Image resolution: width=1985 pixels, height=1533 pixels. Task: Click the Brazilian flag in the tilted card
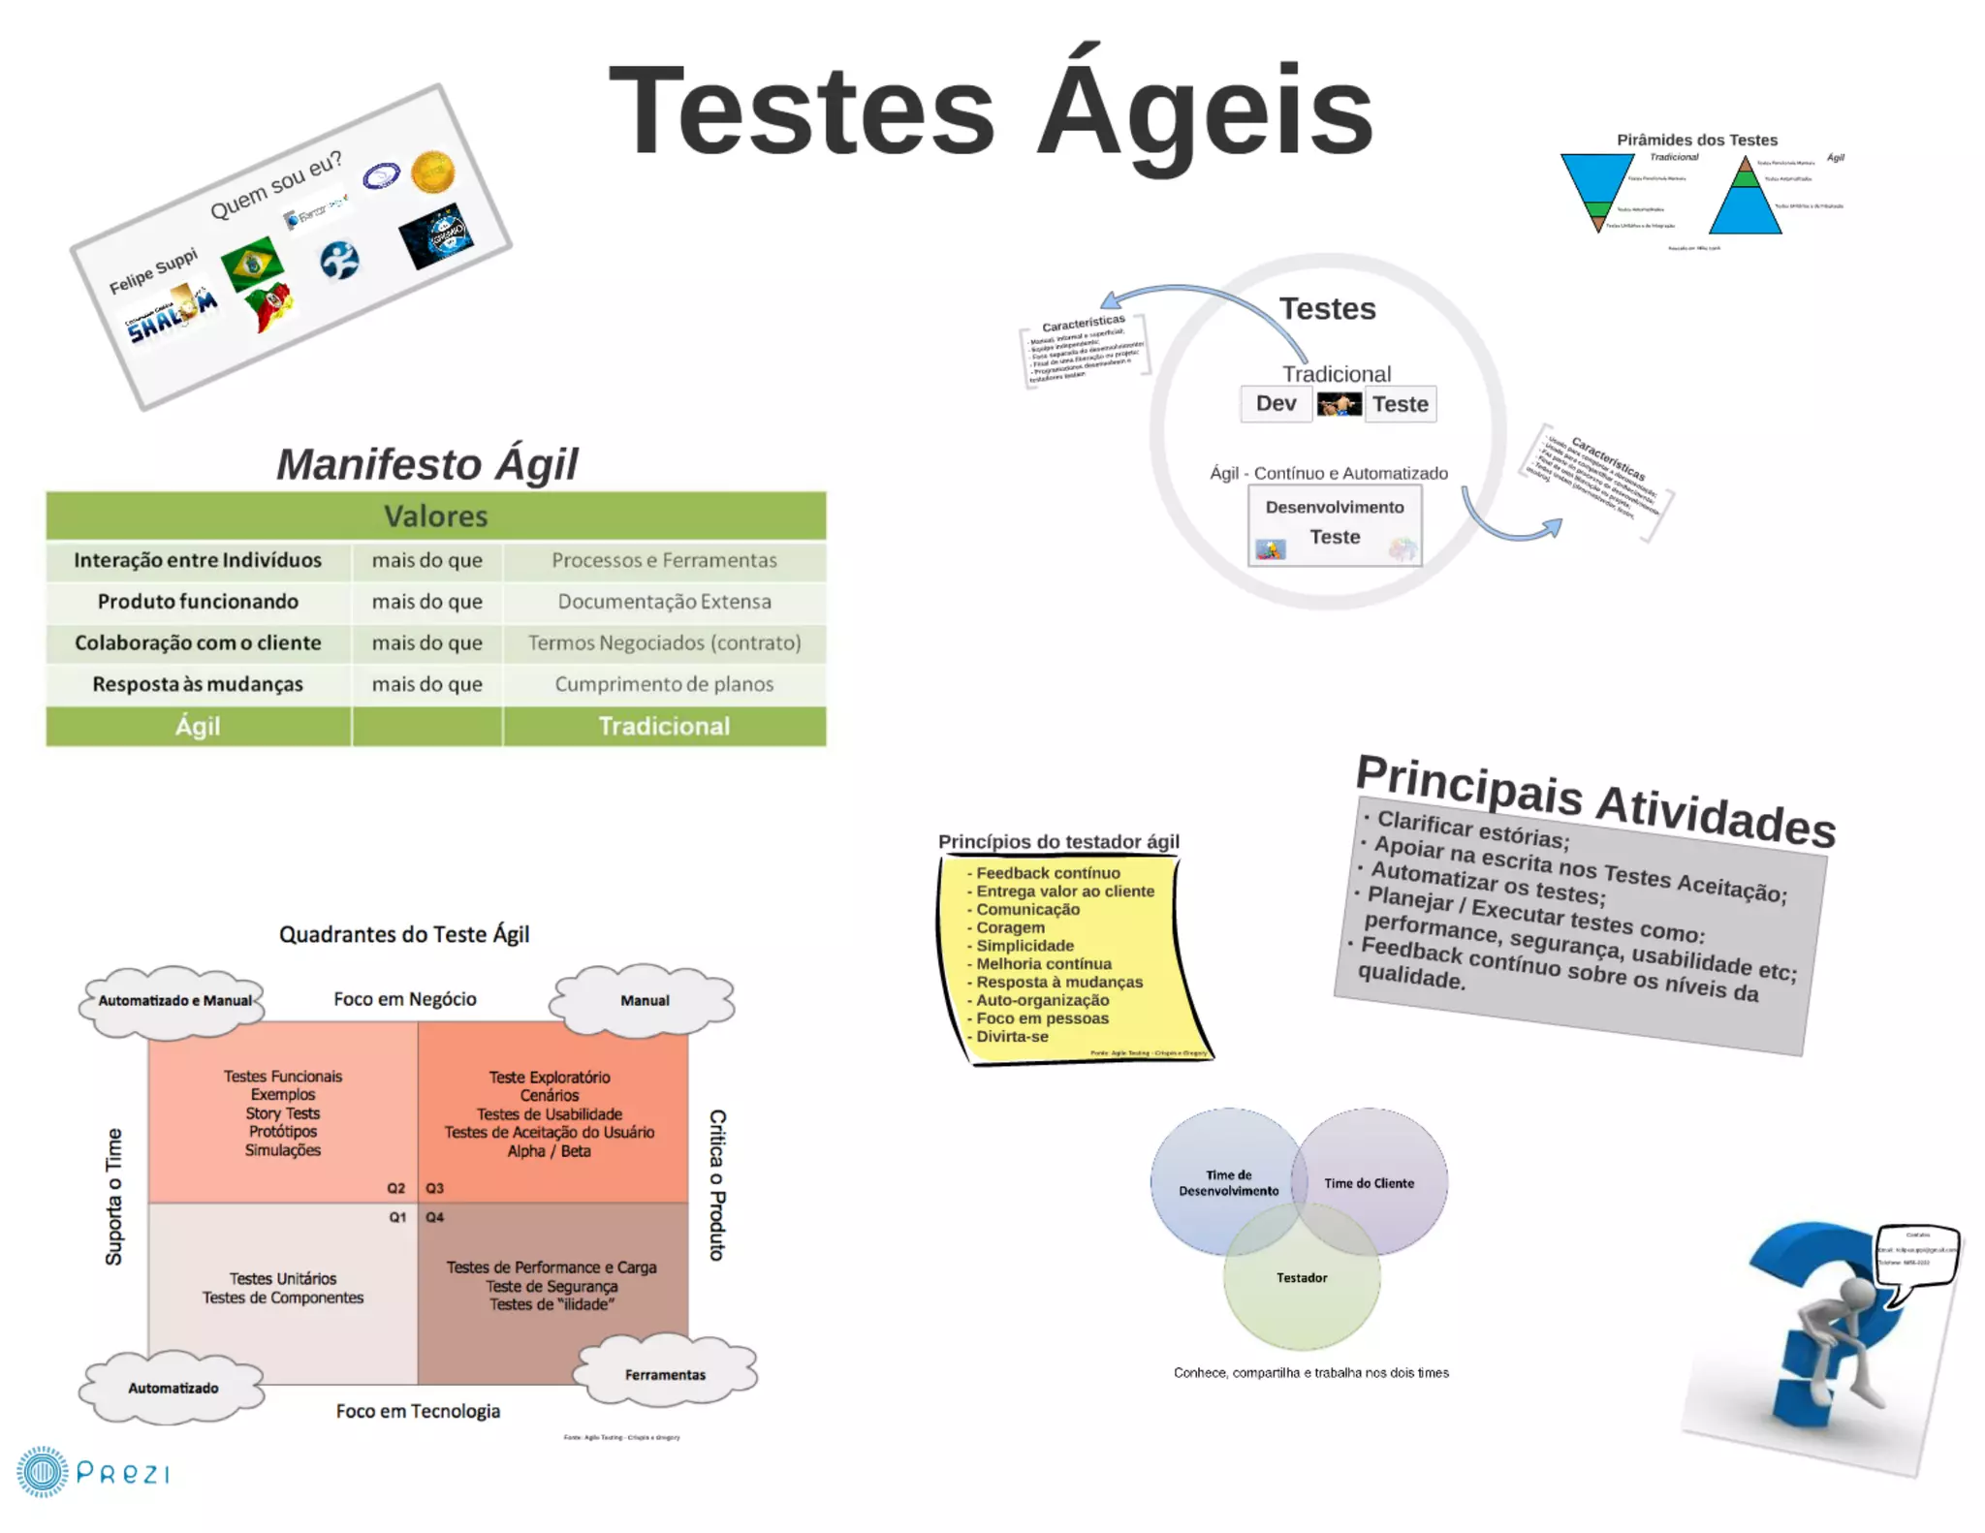tap(252, 263)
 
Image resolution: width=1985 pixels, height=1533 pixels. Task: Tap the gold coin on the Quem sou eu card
tap(432, 172)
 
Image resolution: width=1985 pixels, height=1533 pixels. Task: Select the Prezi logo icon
tap(42, 1472)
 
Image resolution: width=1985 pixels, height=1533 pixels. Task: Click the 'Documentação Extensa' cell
tap(664, 602)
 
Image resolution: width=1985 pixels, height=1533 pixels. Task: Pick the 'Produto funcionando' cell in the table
tap(198, 602)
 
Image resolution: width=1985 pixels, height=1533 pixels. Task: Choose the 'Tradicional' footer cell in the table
tap(664, 726)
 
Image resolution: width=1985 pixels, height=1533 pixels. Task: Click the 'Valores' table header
tap(436, 516)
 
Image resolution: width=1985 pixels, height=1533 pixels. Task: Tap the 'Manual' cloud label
tap(645, 1000)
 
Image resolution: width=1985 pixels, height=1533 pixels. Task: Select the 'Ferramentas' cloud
tap(665, 1374)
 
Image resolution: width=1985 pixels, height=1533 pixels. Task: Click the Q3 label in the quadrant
tap(434, 1188)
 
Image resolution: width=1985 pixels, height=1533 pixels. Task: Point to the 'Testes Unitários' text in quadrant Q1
tap(283, 1279)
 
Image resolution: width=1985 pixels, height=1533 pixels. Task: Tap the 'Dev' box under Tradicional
tap(1276, 403)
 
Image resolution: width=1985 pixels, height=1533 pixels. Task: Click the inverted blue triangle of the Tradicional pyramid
tap(1595, 179)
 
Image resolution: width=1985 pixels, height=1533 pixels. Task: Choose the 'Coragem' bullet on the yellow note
tap(1010, 927)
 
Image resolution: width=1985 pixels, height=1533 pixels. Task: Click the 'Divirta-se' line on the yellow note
tap(1012, 1037)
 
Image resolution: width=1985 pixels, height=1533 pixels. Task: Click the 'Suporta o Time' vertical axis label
tap(114, 1197)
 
